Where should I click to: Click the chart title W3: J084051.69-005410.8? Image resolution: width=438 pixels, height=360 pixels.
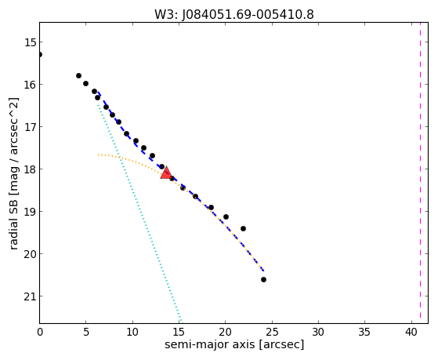(x=234, y=14)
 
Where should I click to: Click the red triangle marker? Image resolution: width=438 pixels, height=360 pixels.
(x=166, y=173)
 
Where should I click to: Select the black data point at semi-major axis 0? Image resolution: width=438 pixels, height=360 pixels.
(x=40, y=54)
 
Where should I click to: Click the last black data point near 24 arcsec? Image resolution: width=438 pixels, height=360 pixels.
(x=263, y=279)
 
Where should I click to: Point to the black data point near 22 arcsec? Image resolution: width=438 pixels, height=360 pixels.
(x=243, y=228)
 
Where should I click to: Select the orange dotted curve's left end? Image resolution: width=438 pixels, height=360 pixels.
(x=98, y=155)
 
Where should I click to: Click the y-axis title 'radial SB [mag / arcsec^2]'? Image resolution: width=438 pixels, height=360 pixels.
(x=13, y=173)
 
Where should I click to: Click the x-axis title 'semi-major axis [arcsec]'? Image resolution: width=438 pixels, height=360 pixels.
(x=234, y=344)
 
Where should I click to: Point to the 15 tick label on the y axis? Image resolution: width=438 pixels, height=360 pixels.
(x=30, y=42)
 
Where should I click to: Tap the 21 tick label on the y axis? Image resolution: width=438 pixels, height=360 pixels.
(x=30, y=296)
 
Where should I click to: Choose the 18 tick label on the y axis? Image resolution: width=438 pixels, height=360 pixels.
(x=30, y=169)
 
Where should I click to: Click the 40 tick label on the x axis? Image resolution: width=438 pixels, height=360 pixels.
(x=411, y=332)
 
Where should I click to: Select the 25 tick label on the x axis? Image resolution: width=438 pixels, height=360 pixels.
(x=272, y=332)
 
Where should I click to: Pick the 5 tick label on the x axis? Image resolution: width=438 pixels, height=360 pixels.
(x=86, y=332)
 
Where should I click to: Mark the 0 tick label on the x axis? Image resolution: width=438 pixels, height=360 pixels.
(x=40, y=332)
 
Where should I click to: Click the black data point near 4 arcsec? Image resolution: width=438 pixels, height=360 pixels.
(x=78, y=75)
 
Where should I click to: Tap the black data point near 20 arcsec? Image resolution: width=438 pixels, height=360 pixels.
(x=226, y=216)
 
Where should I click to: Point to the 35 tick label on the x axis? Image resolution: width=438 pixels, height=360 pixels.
(x=364, y=332)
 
